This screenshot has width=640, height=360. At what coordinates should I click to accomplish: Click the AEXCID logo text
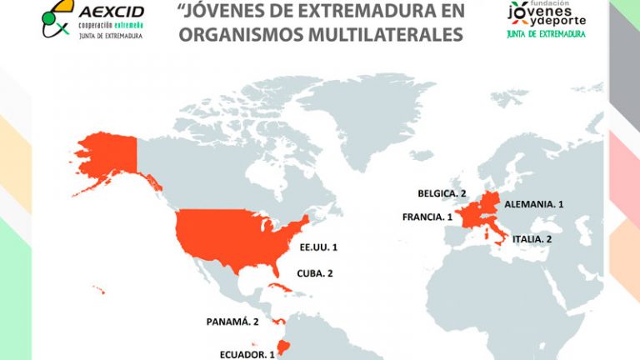click(111, 12)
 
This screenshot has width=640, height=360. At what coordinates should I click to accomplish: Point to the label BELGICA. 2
click(442, 193)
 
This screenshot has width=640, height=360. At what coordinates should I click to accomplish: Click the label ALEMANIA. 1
click(533, 203)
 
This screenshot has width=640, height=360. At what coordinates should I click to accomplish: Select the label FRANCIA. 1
click(427, 217)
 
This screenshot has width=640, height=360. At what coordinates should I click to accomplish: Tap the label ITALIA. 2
click(531, 238)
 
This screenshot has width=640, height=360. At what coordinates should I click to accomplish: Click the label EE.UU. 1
click(318, 247)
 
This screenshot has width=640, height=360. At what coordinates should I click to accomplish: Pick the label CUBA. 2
click(315, 273)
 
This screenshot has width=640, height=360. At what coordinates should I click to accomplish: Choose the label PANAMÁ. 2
click(233, 321)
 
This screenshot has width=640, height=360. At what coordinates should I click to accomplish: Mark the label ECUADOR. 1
click(247, 353)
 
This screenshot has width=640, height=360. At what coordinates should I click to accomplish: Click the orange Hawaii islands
click(98, 290)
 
